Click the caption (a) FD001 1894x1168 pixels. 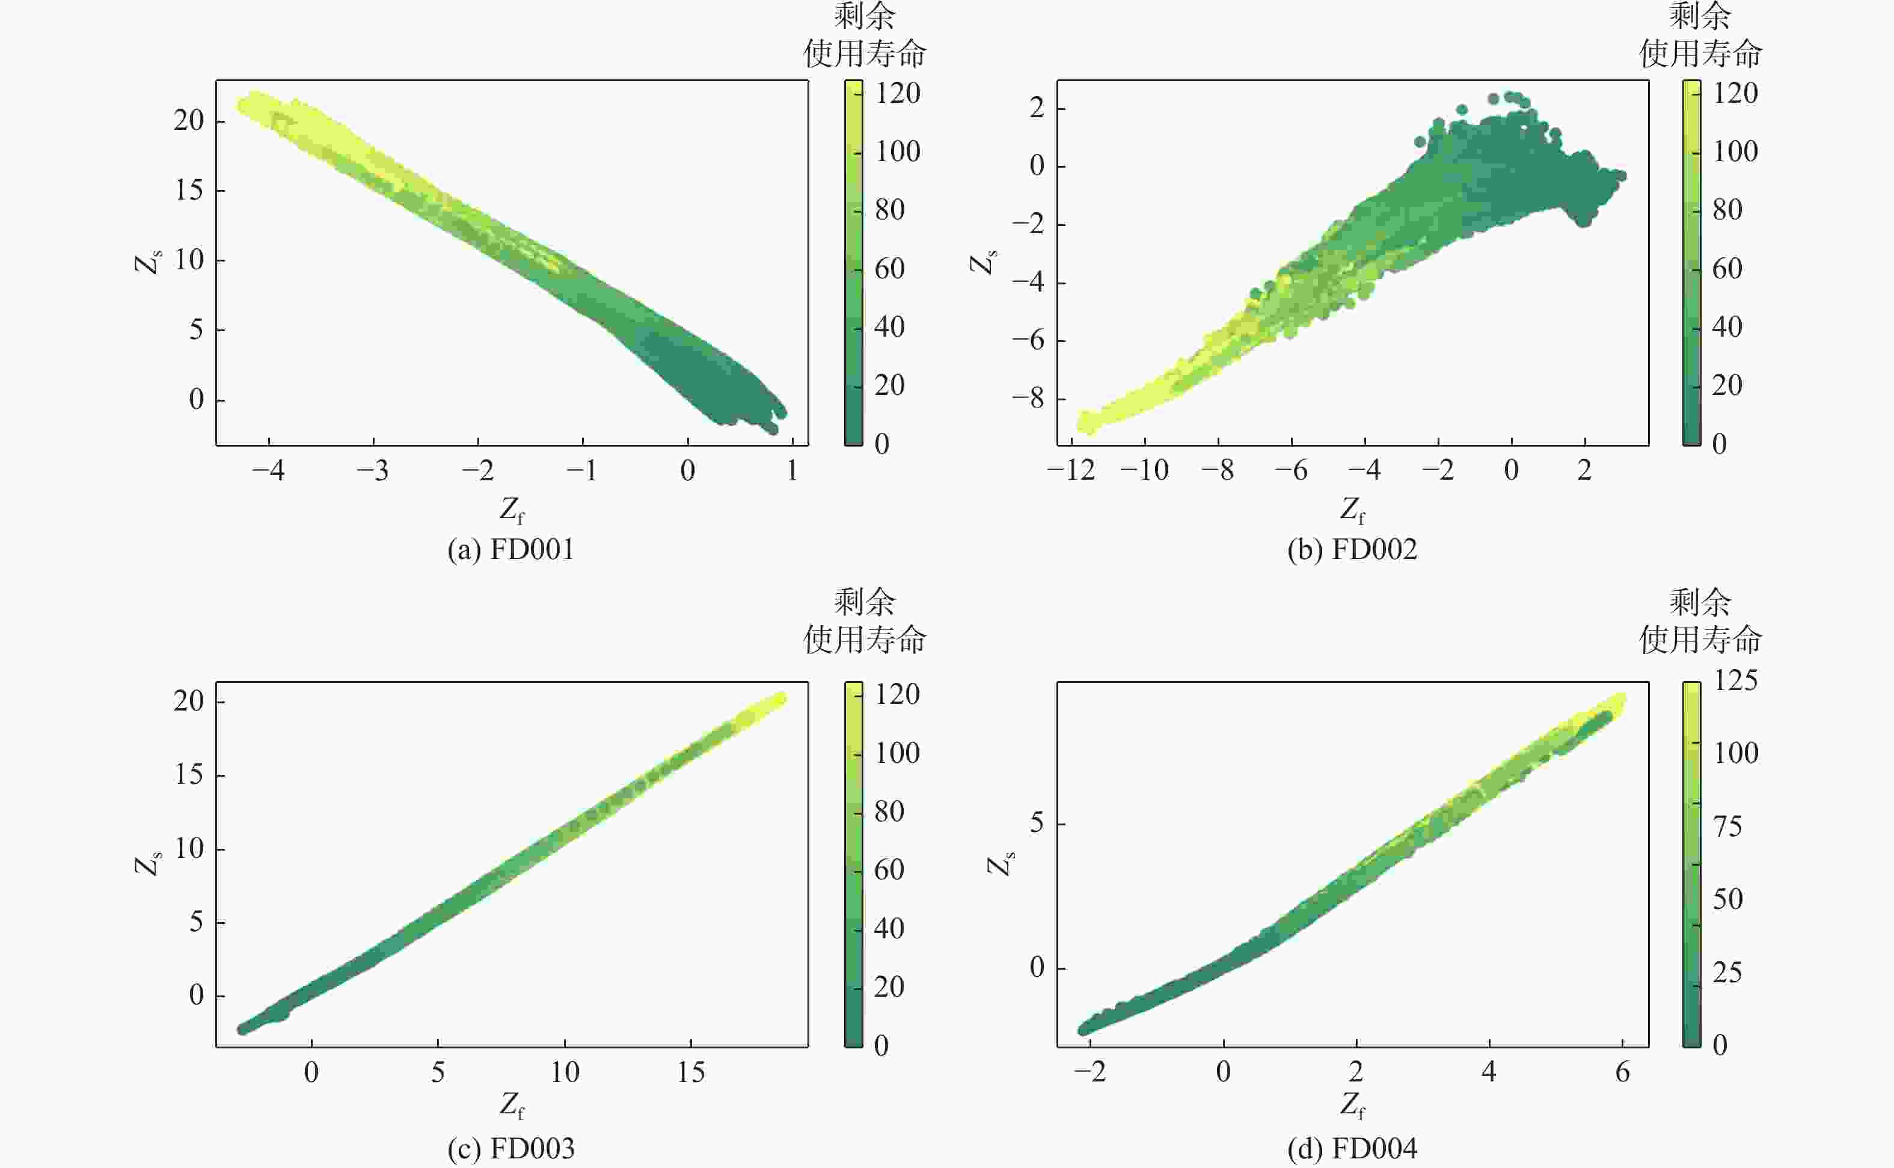(510, 550)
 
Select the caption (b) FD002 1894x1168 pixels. (1352, 550)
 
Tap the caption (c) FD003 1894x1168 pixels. (510, 1149)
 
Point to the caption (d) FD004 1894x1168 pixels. (1352, 1149)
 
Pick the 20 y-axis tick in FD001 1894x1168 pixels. (188, 120)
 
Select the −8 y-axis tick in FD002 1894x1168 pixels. (1028, 399)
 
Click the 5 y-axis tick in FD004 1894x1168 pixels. (1037, 824)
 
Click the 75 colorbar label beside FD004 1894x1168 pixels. (1727, 827)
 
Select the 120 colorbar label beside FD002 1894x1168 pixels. (1735, 93)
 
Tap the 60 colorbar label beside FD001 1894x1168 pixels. (890, 269)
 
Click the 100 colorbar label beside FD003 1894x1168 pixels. (896, 753)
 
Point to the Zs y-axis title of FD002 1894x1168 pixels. (983, 263)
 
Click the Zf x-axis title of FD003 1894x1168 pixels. (511, 1106)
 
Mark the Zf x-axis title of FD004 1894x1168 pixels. (1352, 1106)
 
